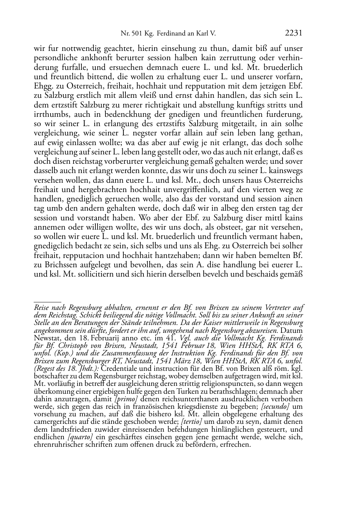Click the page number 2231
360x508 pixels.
pos(294,33)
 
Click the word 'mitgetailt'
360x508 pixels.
pos(233,124)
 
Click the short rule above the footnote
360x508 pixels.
pos(47,302)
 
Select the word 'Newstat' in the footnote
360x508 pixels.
pos(46,338)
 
